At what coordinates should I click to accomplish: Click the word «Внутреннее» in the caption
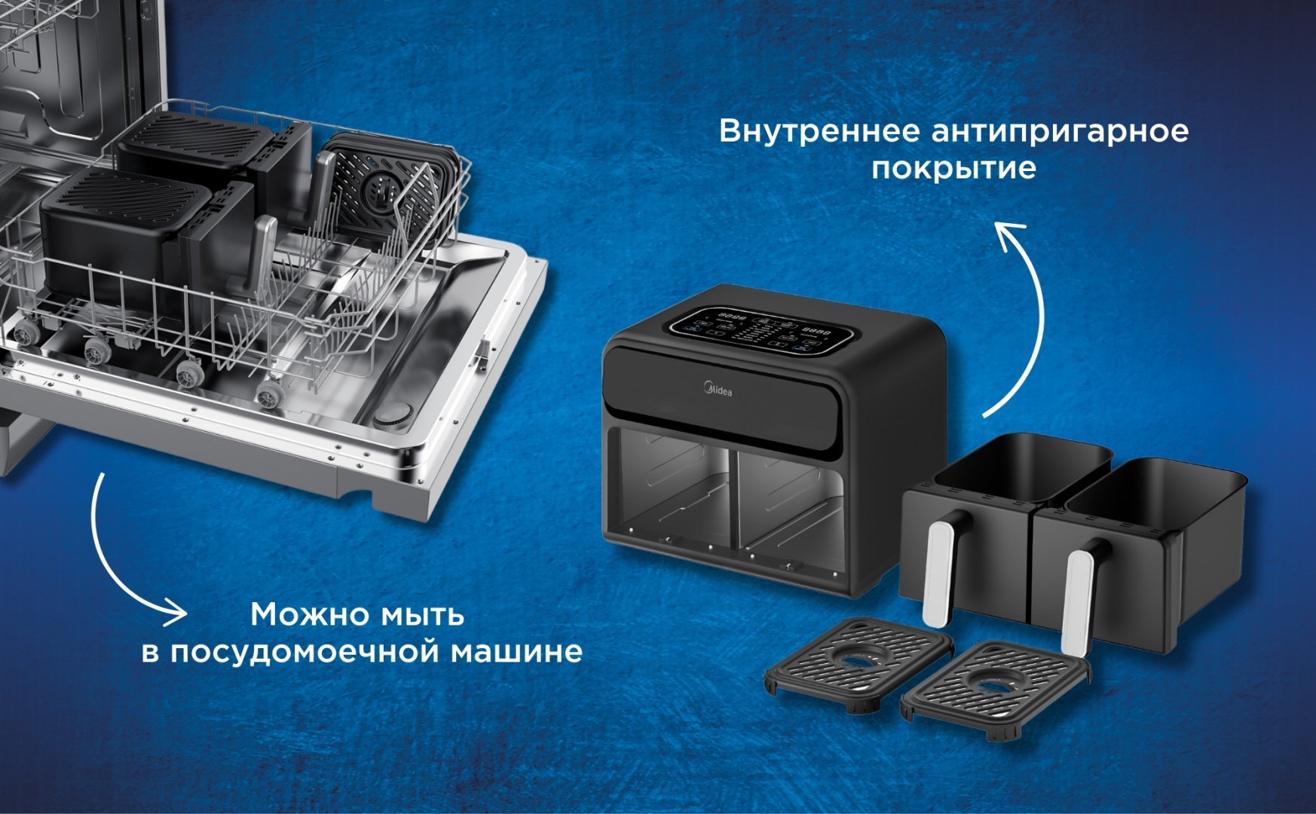(819, 131)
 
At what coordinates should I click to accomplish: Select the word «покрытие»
(953, 168)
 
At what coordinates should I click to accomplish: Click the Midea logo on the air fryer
(718, 390)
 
